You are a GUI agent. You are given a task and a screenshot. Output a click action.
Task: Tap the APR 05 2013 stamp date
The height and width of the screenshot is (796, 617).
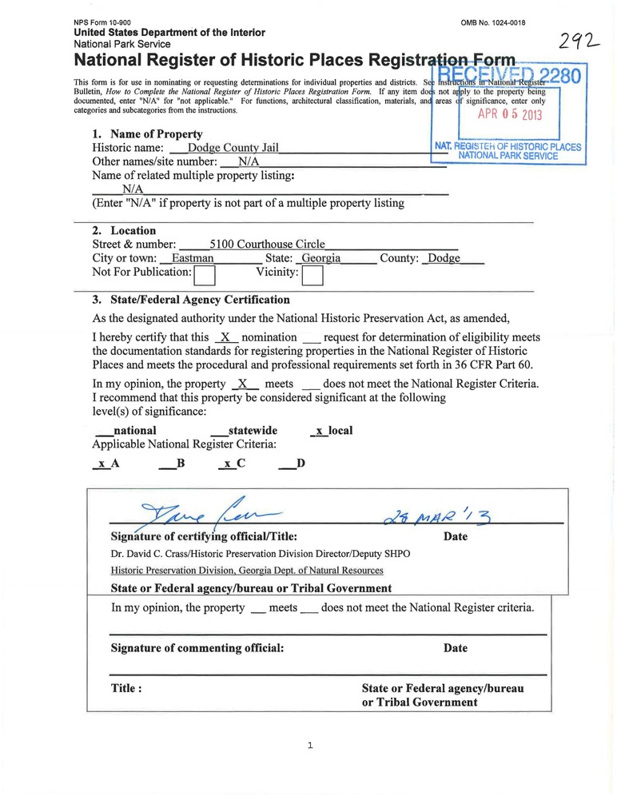click(x=510, y=113)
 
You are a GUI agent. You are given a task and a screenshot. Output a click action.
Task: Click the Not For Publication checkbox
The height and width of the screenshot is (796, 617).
click(x=205, y=276)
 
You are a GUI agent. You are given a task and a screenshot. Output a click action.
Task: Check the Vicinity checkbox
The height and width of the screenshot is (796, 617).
click(x=312, y=276)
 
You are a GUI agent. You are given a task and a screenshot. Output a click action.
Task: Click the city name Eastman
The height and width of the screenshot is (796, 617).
click(x=193, y=259)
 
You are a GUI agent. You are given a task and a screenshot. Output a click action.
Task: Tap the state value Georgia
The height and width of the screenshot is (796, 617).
click(x=321, y=259)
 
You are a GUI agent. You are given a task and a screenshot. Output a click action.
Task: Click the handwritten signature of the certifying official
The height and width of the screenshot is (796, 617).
click(x=209, y=511)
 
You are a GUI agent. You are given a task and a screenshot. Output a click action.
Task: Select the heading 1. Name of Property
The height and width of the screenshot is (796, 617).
click(x=148, y=134)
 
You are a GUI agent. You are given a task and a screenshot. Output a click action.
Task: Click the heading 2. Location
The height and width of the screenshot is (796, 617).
click(x=125, y=231)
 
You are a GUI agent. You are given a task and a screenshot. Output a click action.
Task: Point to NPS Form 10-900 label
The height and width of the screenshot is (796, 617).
click(x=105, y=22)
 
